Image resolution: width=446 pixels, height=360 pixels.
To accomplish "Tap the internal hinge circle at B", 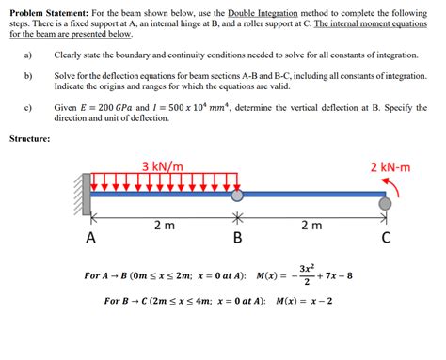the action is (237, 196).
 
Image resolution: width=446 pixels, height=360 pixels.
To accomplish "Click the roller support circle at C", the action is (386, 201).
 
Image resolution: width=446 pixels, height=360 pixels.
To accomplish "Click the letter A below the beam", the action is (90, 238).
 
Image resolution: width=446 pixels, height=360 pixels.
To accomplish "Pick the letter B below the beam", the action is (237, 238).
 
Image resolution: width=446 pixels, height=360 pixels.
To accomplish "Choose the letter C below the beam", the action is (386, 238).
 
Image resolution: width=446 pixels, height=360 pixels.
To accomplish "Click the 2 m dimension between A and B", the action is (163, 226).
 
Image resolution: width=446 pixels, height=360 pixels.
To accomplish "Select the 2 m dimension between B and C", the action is (311, 226).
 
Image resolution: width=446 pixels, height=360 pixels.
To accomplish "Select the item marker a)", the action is (28, 56).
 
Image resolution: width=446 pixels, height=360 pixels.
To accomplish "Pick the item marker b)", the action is (28, 74).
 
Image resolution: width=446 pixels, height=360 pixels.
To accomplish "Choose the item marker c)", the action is (28, 108).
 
